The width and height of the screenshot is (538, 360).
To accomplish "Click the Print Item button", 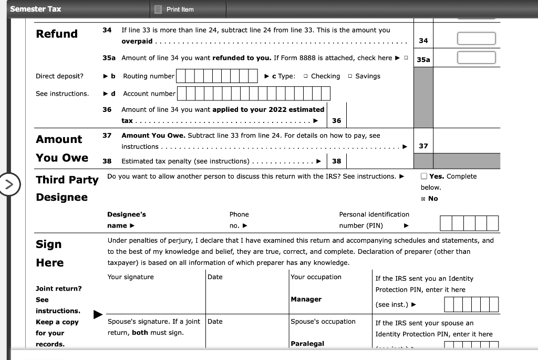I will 174,9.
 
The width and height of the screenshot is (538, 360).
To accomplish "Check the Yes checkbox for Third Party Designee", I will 424,177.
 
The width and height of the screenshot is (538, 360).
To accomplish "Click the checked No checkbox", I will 423,199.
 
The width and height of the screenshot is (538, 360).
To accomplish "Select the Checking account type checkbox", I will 306,77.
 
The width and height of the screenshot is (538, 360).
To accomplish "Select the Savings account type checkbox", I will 350,77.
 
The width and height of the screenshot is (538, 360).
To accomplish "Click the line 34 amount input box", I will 475,39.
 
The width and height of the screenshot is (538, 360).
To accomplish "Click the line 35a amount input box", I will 475,57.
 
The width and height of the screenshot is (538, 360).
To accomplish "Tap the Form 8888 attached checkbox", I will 406,58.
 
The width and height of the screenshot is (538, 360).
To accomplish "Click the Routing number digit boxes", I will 216,76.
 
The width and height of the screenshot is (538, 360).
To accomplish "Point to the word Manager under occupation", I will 306,299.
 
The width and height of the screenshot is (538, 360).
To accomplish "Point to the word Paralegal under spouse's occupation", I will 307,344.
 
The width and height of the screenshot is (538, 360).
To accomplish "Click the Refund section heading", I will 57,34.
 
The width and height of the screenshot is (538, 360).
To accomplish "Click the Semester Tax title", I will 36,9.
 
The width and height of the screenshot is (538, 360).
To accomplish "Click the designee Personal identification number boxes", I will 469,224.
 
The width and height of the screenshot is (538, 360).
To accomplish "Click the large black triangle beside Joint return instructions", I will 98,314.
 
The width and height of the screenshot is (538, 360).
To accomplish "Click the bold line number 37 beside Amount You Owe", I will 107,136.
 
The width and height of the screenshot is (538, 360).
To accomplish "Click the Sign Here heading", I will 49,253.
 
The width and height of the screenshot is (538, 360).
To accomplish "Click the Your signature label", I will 131,277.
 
